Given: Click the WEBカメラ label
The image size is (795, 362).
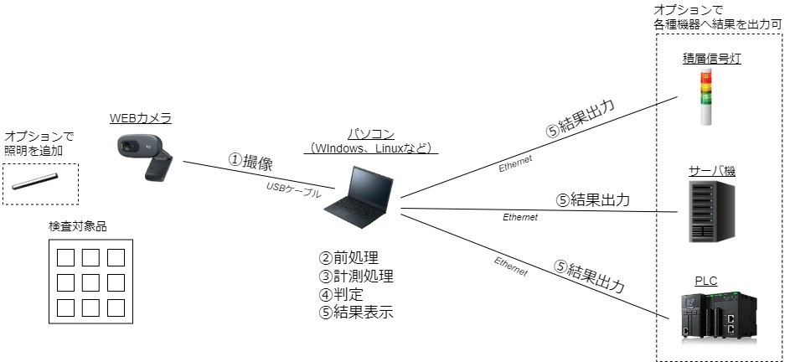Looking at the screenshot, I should (141, 119).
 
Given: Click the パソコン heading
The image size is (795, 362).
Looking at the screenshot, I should (371, 134).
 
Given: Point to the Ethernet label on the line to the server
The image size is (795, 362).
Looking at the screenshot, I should (519, 217).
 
